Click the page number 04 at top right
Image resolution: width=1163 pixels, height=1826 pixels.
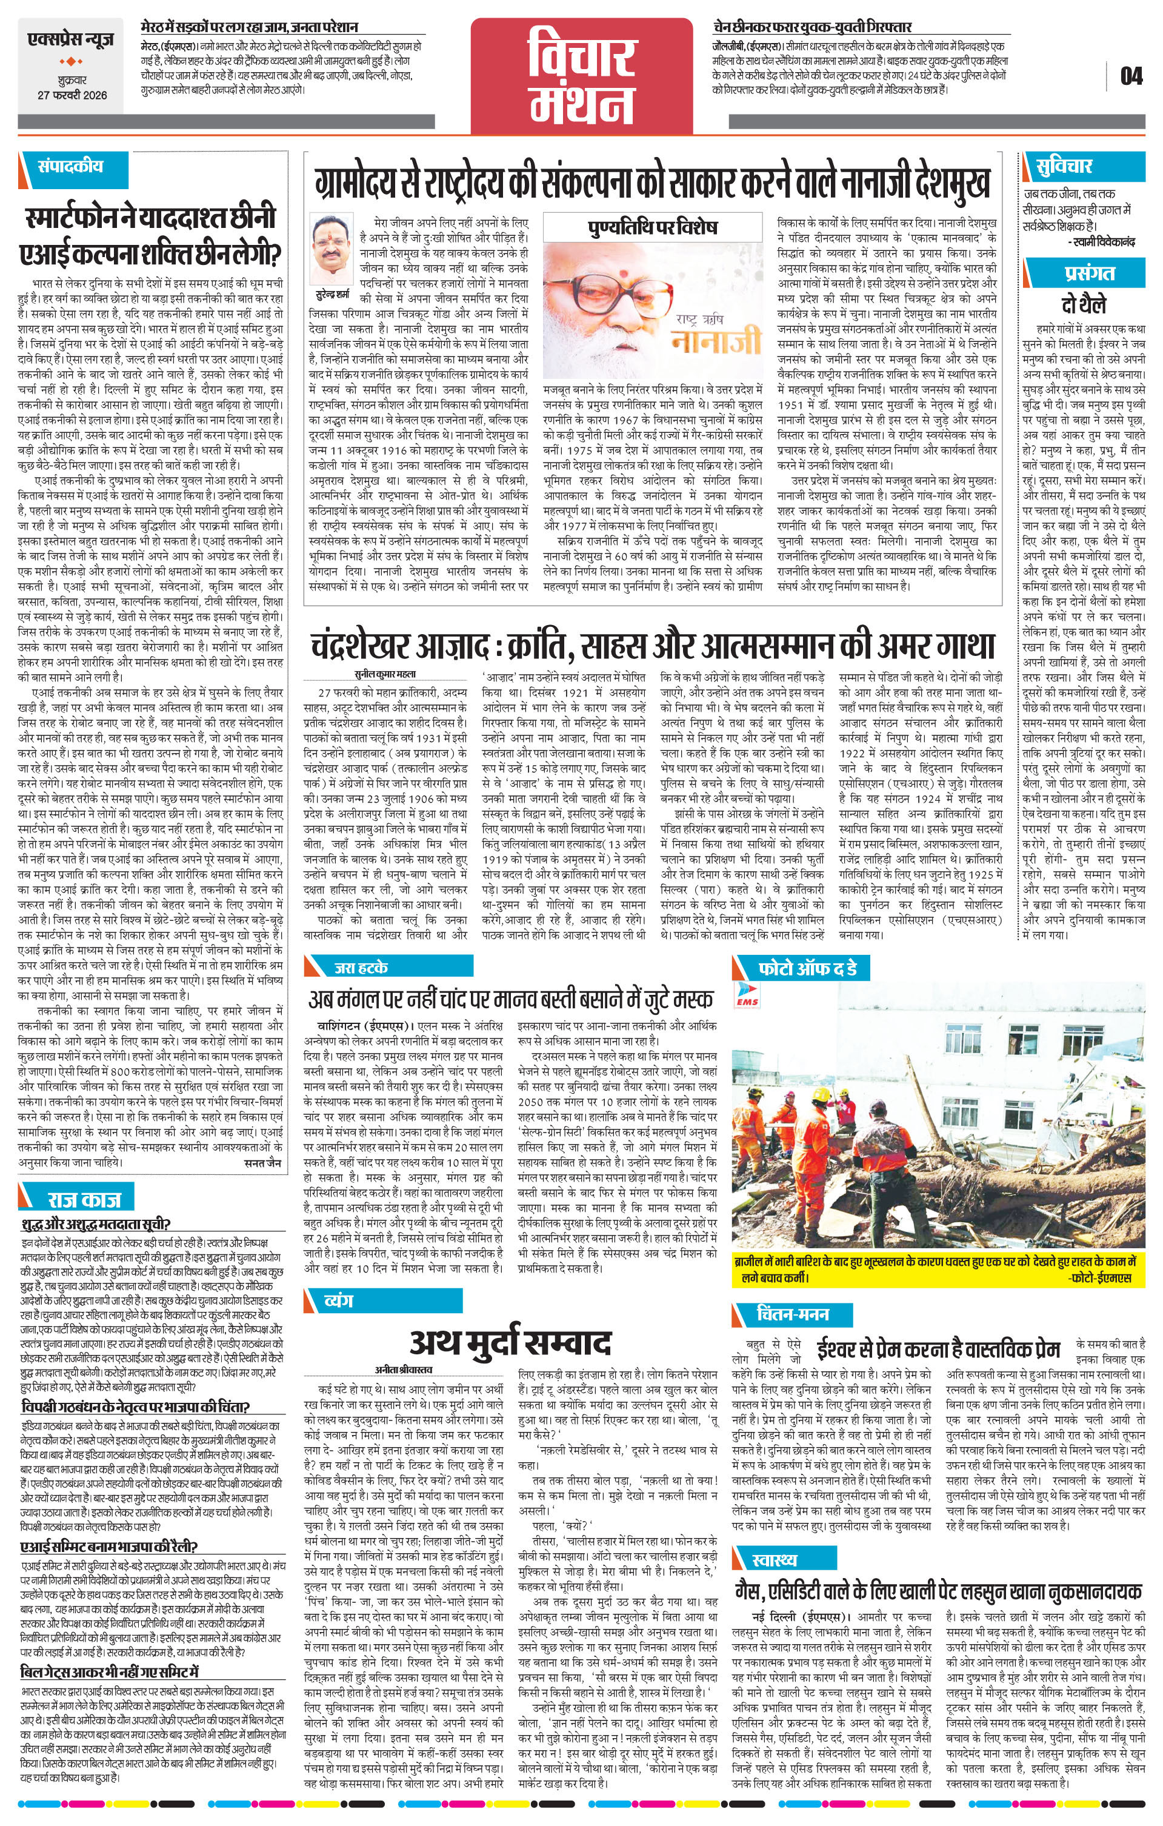(1130, 76)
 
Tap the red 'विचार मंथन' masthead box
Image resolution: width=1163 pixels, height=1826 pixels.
(581, 75)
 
